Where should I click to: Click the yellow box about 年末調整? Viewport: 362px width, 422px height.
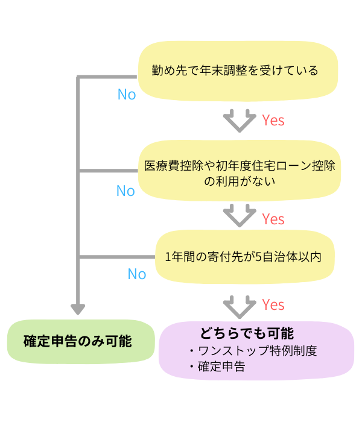238,71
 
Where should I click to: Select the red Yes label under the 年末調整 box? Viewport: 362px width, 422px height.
273,120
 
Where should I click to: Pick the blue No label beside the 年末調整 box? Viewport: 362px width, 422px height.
127,95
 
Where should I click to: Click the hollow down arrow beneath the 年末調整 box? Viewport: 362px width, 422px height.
240,121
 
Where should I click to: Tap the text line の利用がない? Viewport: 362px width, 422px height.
240,181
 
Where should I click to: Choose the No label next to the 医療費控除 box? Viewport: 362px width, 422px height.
125,191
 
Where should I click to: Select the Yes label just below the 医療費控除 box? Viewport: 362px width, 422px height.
273,219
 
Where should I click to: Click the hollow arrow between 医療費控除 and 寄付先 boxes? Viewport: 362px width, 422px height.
240,215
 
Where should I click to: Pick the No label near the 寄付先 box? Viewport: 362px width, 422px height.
137,274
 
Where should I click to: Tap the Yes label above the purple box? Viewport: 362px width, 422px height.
273,305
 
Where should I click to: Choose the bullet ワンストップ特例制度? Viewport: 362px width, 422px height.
256,351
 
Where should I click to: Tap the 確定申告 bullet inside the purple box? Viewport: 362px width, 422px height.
220,367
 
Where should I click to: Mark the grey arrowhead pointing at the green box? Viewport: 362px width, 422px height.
78,309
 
